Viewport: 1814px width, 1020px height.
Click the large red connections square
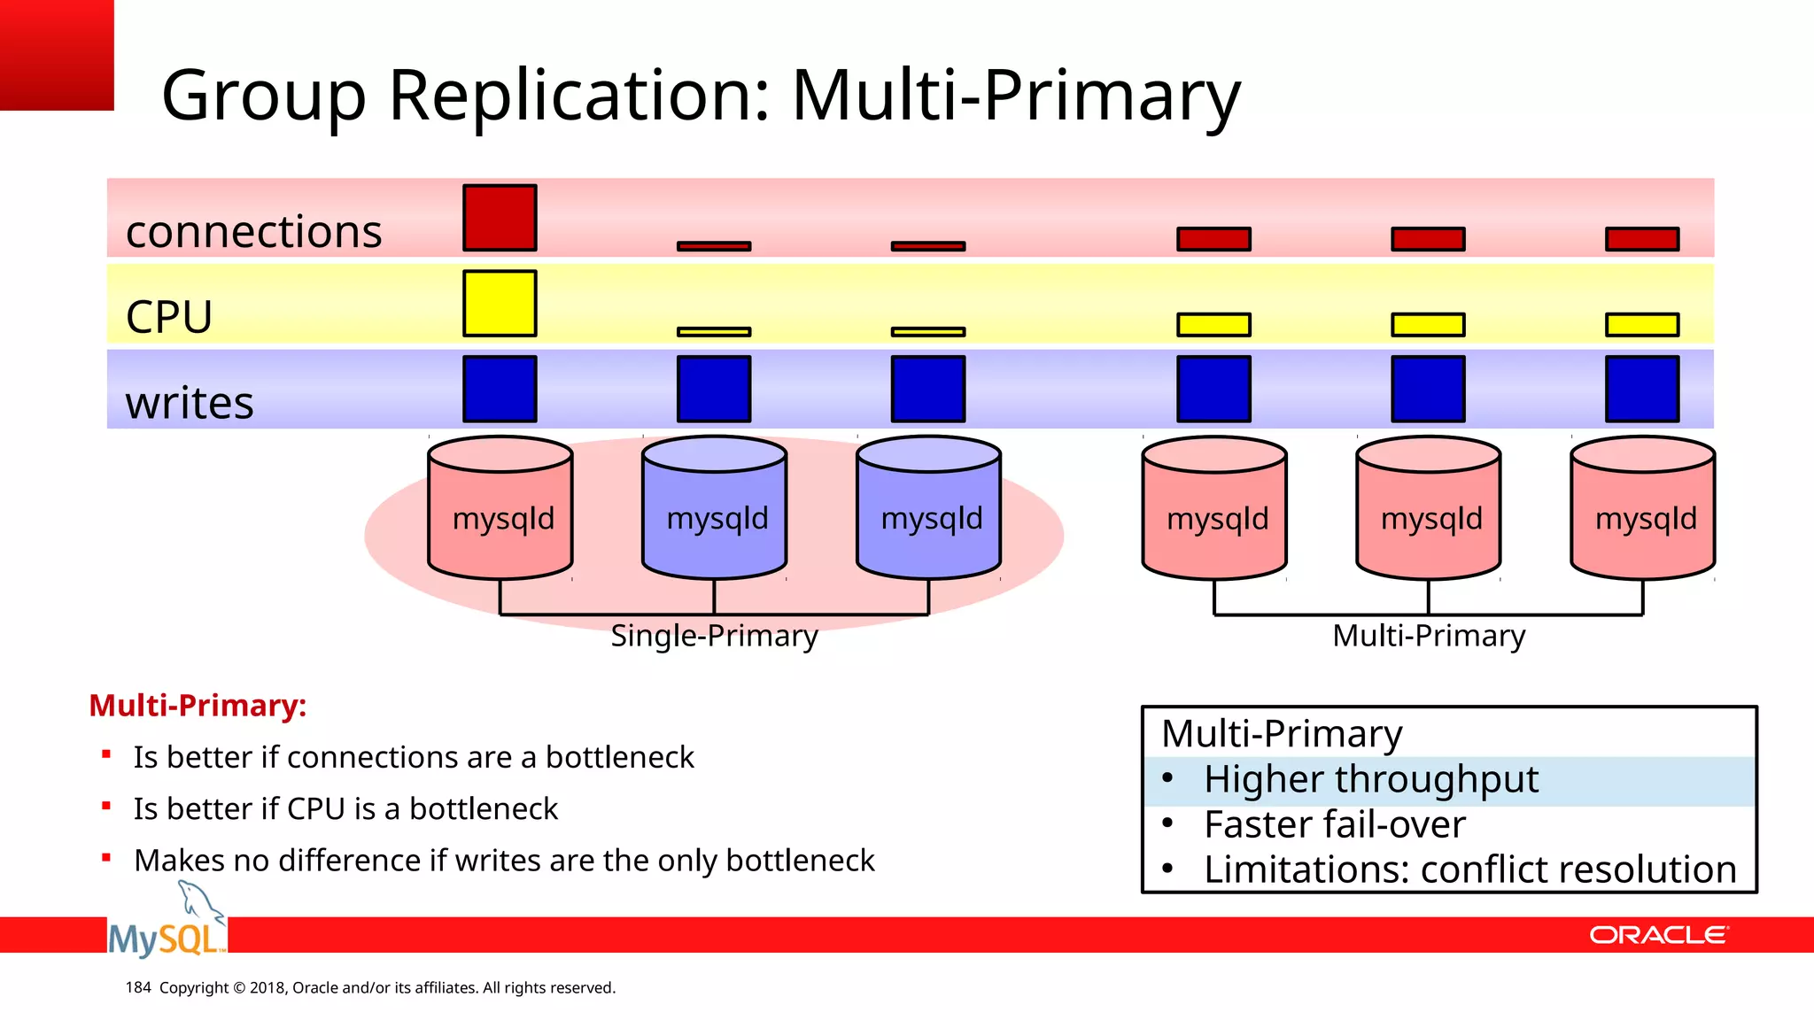500,218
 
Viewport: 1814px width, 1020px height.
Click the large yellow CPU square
500,304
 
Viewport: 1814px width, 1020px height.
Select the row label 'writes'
190,403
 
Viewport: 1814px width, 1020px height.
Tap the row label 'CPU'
169,317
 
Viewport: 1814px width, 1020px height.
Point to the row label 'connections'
253,232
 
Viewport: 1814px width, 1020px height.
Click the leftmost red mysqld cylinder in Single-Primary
500,518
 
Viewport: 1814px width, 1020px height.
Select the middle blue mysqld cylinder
715,518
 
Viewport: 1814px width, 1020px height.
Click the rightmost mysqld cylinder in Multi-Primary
1643,518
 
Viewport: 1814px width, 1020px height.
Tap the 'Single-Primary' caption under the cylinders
714,636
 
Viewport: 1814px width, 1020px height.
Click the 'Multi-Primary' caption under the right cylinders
1429,636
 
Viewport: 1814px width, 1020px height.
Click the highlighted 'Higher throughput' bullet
1370,780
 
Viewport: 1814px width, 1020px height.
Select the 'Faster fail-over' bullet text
1334,825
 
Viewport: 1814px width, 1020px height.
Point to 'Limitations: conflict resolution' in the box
1469,870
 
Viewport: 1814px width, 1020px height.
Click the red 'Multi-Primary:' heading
198,706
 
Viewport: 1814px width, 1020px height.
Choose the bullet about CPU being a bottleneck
345,809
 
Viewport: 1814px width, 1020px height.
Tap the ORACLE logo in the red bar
1657,936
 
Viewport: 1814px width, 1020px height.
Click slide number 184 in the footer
138,987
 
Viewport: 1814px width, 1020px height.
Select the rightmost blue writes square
1642,389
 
